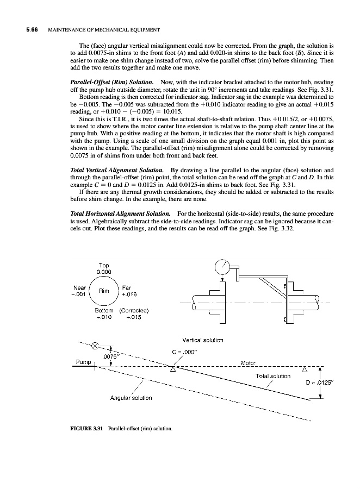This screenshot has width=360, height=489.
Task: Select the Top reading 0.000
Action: [x=103, y=272]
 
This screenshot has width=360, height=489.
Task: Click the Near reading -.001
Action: [x=79, y=294]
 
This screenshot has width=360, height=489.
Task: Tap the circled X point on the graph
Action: [x=96, y=346]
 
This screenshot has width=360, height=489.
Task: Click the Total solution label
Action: [x=272, y=376]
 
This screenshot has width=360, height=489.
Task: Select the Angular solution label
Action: [x=131, y=398]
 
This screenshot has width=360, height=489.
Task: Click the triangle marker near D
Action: [x=305, y=369]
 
